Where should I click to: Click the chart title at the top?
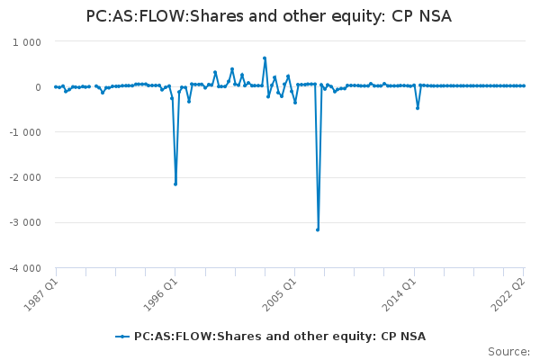(268, 16)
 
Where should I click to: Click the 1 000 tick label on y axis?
(27, 42)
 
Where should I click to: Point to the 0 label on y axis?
(38, 87)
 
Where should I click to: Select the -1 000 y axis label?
(25, 132)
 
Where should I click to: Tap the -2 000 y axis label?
(25, 178)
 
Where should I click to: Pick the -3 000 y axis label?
(25, 222)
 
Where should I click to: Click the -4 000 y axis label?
(25, 268)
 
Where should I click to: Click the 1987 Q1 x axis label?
(41, 294)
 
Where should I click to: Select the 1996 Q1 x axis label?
(160, 294)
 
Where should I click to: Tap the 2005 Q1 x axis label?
(280, 294)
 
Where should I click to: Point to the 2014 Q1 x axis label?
(400, 294)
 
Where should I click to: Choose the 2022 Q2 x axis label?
(508, 294)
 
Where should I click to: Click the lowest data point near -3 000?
(318, 229)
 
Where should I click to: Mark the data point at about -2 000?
(175, 184)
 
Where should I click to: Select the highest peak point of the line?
(265, 58)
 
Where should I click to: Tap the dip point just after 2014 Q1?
(418, 108)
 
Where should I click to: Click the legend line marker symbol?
(121, 337)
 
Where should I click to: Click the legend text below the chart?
(280, 337)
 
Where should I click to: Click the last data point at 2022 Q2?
(524, 85)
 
